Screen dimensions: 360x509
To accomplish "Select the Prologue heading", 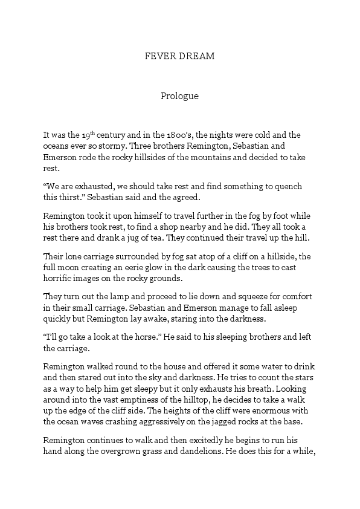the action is [179, 96].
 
